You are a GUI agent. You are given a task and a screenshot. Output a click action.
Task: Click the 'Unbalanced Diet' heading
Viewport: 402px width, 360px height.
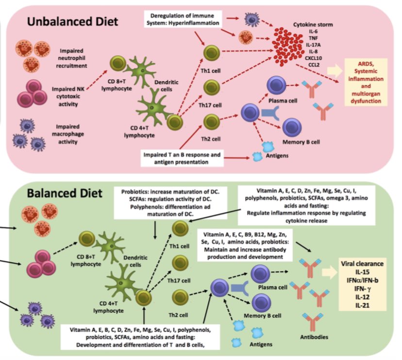(72, 21)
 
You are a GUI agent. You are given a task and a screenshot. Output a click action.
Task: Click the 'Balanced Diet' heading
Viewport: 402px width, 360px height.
(65, 193)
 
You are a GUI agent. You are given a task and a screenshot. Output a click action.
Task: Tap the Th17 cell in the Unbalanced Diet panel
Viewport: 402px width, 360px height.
(212, 87)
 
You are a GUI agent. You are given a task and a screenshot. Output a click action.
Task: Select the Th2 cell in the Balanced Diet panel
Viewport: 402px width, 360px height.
(180, 298)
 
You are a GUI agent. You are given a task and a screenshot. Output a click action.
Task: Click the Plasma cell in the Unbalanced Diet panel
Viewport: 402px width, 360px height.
(276, 86)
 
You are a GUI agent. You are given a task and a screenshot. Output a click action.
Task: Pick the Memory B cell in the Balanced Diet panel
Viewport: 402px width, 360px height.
(261, 303)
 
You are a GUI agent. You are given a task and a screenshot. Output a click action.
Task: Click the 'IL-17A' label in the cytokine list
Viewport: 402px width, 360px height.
(313, 45)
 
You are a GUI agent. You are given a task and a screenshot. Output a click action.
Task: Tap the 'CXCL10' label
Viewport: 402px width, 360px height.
(313, 58)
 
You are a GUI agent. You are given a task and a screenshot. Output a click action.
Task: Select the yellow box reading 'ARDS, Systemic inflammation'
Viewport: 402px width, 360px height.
(366, 82)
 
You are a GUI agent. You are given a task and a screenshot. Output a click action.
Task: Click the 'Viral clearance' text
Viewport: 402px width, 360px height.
(362, 263)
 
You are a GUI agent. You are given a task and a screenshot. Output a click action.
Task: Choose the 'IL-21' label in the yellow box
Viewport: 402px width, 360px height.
(362, 306)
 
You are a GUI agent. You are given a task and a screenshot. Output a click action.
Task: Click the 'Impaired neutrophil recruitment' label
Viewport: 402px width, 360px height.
(71, 58)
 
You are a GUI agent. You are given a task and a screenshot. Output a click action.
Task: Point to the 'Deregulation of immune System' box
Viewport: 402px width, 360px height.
(183, 19)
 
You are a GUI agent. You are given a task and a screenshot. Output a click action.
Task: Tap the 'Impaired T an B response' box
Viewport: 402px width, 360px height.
(182, 158)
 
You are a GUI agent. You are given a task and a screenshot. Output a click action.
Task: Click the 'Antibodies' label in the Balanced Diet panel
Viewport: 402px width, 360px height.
(314, 337)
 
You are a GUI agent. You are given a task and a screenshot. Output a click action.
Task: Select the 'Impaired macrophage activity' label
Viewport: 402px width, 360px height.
(67, 134)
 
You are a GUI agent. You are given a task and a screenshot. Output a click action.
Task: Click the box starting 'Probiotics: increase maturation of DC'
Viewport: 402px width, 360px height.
(170, 203)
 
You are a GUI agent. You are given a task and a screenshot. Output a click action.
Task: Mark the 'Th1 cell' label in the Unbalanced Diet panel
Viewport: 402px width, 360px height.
(211, 70)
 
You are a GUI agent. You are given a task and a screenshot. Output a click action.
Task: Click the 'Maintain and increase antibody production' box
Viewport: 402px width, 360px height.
(245, 245)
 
